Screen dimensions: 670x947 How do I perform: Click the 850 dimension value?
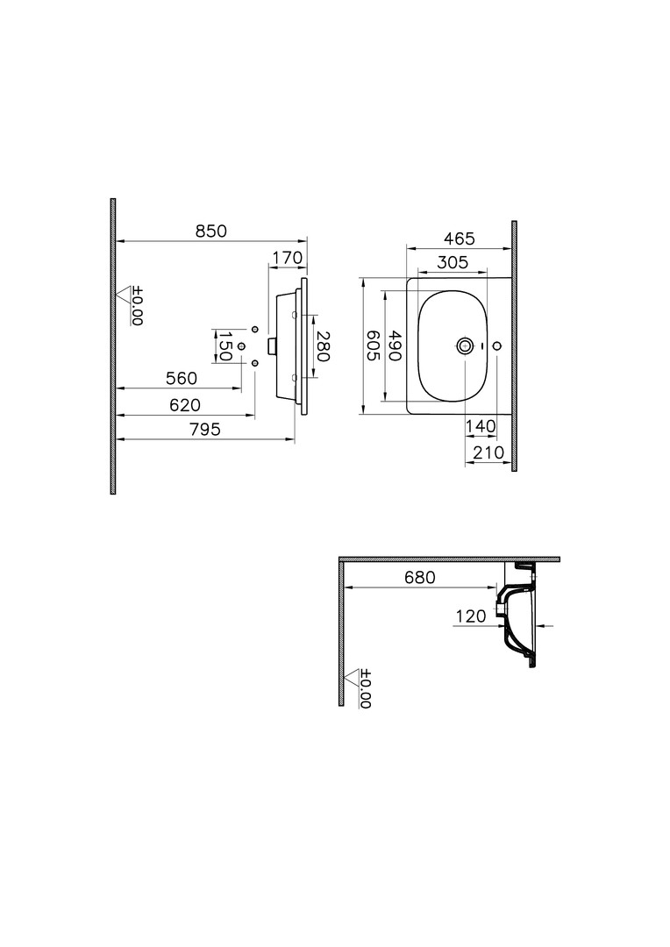click(x=210, y=231)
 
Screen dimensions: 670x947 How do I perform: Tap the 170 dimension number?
click(x=287, y=258)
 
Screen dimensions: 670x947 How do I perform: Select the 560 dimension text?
click(x=182, y=378)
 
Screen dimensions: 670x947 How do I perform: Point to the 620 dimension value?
click(x=185, y=404)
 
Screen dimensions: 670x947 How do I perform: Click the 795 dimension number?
click(x=205, y=430)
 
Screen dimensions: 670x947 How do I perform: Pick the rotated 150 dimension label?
click(x=225, y=346)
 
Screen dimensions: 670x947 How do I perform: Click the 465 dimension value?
click(x=460, y=239)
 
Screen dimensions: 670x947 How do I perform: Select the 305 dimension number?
click(x=453, y=262)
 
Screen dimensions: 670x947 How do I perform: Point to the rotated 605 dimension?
click(x=373, y=345)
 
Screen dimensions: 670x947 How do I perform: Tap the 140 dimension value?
click(x=481, y=426)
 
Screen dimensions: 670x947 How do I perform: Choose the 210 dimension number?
click(x=488, y=452)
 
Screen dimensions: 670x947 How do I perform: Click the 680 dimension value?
click(x=420, y=577)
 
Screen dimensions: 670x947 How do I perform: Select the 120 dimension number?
click(x=471, y=616)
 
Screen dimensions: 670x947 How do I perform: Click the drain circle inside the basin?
click(x=465, y=346)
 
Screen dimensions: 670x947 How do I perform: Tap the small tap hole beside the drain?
click(x=497, y=346)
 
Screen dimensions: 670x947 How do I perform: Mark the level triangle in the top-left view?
click(x=125, y=295)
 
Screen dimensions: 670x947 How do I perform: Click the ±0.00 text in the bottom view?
click(x=366, y=688)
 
